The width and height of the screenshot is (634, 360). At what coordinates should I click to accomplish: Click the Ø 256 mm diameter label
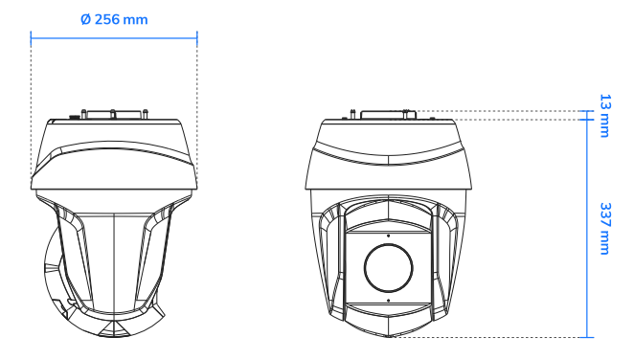coord(114,19)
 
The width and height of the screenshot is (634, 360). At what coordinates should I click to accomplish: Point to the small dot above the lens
coord(388,234)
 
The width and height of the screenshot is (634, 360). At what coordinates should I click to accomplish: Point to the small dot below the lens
coord(388,300)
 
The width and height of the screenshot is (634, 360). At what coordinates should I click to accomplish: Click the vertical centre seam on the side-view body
coord(114,259)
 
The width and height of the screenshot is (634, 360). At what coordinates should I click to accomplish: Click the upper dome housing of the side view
coord(114,153)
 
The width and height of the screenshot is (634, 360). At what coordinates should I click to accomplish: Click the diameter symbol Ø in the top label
coord(86,19)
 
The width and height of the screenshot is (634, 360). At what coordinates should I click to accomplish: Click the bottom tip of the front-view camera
coord(388,335)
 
